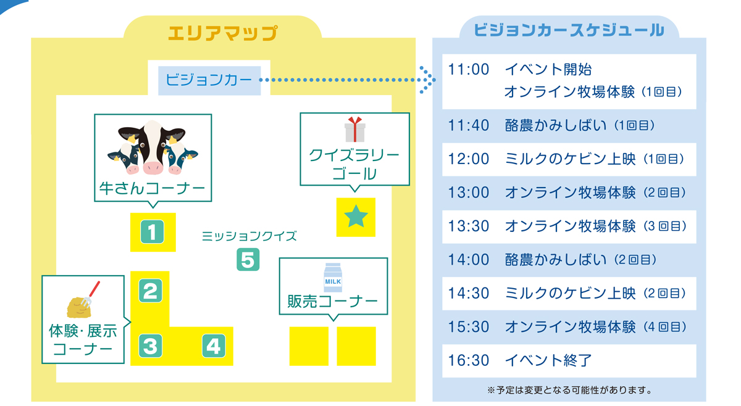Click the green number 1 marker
click(152, 232)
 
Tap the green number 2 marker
click(151, 291)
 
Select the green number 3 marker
click(151, 346)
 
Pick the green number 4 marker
click(214, 346)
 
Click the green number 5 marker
click(248, 260)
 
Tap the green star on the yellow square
click(356, 217)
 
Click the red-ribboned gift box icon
click(355, 130)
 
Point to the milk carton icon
click(333, 278)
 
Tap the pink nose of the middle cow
click(153, 168)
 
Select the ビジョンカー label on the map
click(209, 80)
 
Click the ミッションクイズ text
click(249, 236)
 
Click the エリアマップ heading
click(223, 33)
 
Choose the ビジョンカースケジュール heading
click(569, 30)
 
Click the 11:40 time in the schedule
click(469, 126)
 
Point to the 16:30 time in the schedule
click(469, 360)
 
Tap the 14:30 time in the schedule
click(469, 293)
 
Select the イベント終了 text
click(548, 360)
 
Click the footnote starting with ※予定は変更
click(569, 390)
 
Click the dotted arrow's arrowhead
click(428, 80)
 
